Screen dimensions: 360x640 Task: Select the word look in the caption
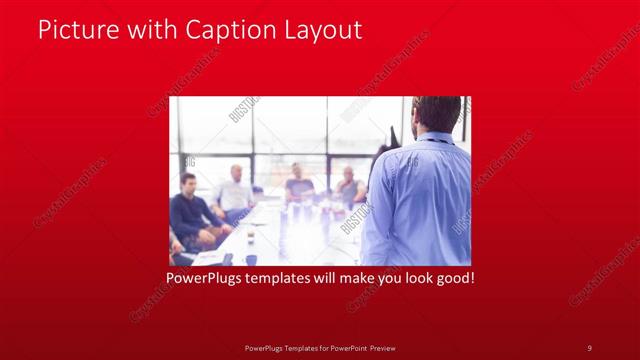pyautogui.click(x=412, y=277)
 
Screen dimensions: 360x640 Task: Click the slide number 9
pyautogui.click(x=589, y=347)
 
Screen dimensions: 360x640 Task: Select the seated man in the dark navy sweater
pyautogui.click(x=189, y=212)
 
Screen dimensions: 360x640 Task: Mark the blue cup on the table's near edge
pyautogui.click(x=250, y=259)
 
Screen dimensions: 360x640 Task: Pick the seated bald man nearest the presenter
pyautogui.click(x=349, y=187)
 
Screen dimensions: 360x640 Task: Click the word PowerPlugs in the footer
pyautogui.click(x=265, y=347)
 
